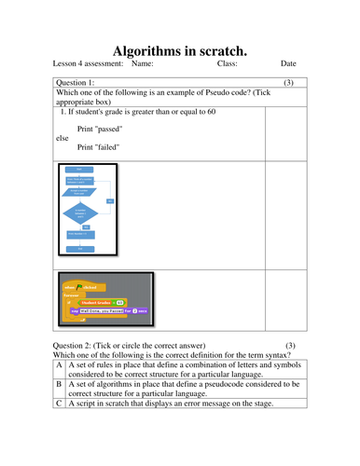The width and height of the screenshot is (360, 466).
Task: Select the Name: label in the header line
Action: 143,64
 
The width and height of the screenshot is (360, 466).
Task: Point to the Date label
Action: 288,64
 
